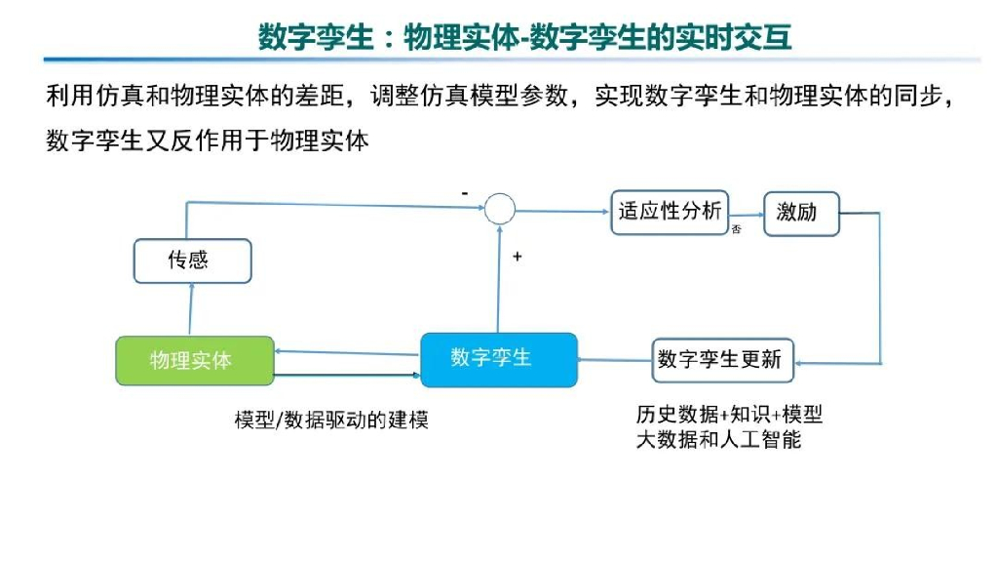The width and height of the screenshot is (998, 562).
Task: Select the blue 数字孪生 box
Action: (498, 359)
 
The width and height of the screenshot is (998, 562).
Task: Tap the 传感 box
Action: (192, 261)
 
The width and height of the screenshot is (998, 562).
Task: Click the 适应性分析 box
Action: (671, 212)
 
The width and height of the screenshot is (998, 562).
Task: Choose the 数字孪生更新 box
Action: (721, 360)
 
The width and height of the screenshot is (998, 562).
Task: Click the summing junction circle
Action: (500, 208)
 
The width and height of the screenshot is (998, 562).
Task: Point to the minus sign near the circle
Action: (465, 193)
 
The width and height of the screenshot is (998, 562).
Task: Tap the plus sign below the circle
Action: (517, 257)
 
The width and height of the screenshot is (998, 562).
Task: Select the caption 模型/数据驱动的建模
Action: (331, 421)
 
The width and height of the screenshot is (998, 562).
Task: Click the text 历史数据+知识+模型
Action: (729, 415)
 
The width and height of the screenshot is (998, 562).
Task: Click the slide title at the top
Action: (524, 36)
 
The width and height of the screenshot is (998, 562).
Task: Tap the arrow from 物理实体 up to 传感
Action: (191, 309)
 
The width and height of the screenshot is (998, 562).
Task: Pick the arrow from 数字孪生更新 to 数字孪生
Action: (614, 360)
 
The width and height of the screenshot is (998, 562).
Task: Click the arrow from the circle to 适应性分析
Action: (561, 209)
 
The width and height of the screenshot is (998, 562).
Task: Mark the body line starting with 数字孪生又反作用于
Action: (208, 140)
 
